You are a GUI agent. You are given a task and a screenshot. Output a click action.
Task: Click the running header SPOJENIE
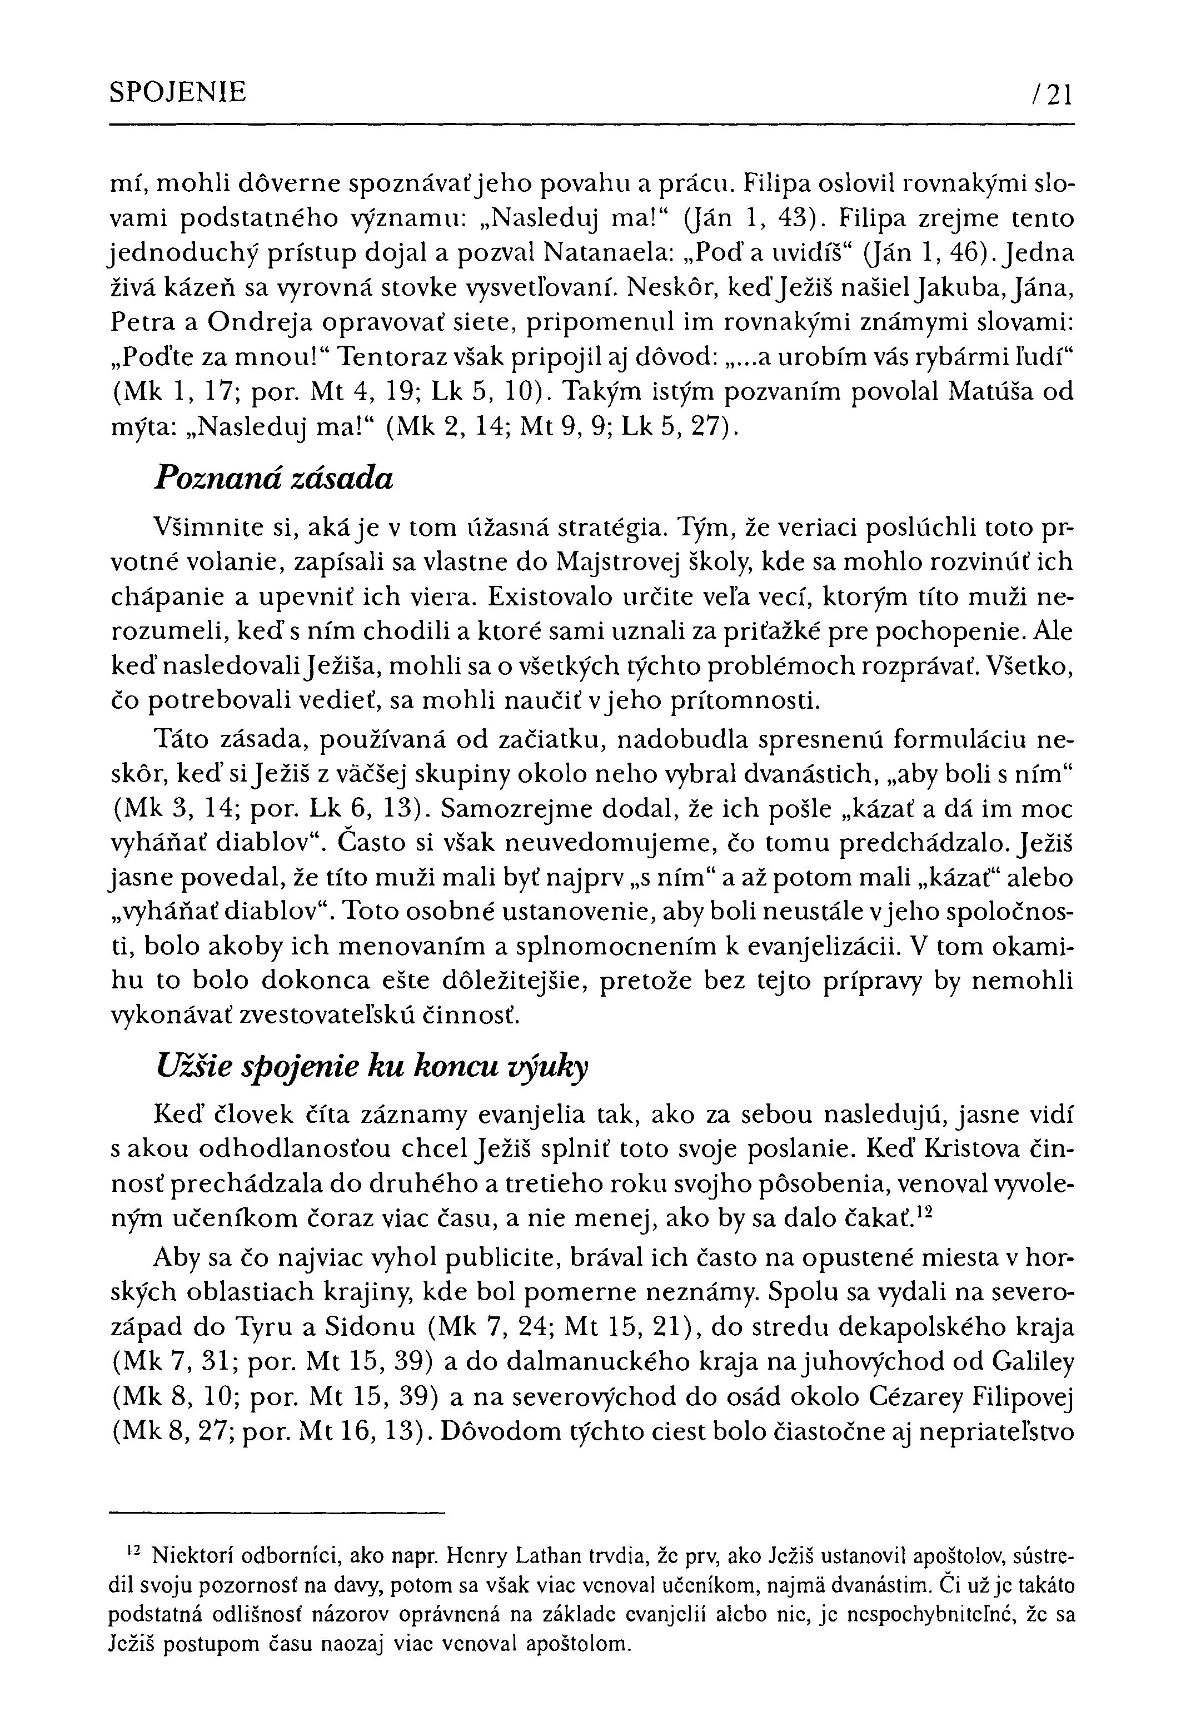coord(178,93)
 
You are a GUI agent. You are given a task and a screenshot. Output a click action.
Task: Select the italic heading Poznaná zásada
coord(273,479)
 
